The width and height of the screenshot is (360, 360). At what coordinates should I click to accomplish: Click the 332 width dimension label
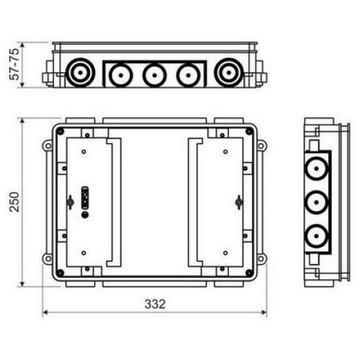[x=155, y=304]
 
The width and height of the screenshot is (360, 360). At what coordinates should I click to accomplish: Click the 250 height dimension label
[x=14, y=202]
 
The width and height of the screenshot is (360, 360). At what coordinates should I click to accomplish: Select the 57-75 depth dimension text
[x=14, y=64]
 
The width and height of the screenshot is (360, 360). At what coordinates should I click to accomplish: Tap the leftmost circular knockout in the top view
[x=79, y=72]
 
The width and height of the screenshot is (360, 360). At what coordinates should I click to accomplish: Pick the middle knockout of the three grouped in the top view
[x=155, y=75]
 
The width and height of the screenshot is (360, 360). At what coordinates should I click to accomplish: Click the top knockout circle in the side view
[x=316, y=169]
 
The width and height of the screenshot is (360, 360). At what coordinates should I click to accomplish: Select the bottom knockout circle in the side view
[x=316, y=236]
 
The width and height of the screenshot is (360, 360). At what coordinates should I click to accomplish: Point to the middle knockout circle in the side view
[x=316, y=202]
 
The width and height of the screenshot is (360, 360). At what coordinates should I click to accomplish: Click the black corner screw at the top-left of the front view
[x=60, y=131]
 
